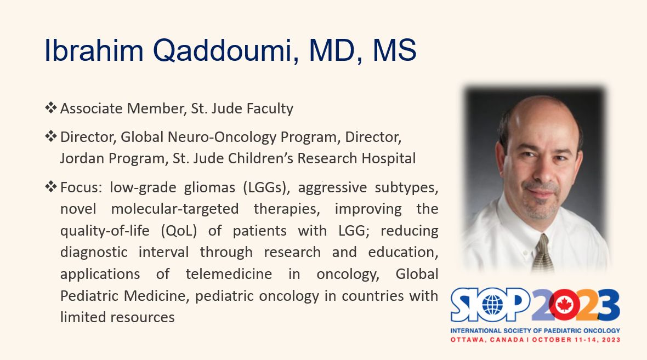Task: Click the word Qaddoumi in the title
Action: pos(226,50)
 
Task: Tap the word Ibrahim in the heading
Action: pos(94,50)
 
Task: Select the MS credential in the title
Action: pos(394,50)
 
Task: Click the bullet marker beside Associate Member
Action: pos(51,107)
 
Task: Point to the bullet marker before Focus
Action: pos(51,187)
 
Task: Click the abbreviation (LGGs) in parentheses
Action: pos(264,187)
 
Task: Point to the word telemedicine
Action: pos(229,274)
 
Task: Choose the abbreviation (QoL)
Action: pos(179,231)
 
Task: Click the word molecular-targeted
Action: pos(175,209)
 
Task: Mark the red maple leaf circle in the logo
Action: pos(564,305)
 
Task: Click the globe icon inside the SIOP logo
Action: pos(492,305)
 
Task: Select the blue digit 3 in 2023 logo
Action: pos(608,305)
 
